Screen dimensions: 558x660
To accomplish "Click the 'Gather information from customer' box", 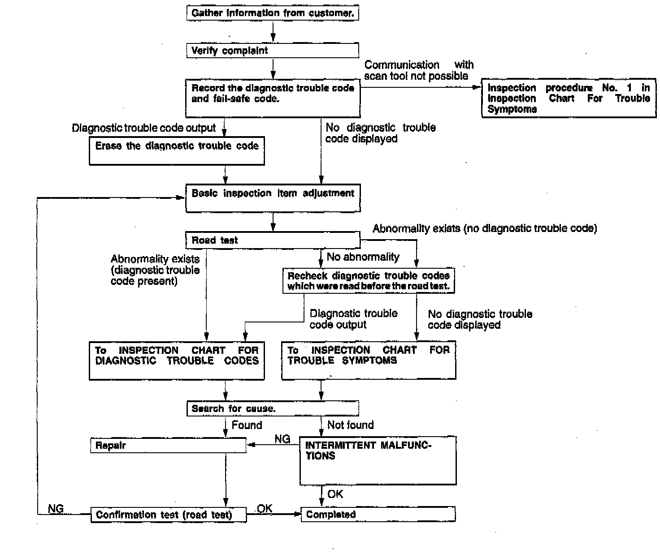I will (x=273, y=13).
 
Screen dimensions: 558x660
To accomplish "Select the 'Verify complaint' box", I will (x=273, y=50).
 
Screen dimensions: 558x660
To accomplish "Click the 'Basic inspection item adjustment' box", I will (x=273, y=198).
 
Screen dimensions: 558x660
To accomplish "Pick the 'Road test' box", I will (x=273, y=240).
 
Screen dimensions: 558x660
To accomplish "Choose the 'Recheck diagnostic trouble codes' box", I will (x=368, y=281).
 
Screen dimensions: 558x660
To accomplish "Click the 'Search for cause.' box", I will (x=273, y=408).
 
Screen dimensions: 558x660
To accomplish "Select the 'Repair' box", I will (x=169, y=446).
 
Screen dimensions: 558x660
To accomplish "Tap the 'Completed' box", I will (x=378, y=514).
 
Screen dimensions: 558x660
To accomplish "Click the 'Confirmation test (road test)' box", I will (x=169, y=515).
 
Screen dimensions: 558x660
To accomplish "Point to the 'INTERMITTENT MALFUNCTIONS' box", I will (x=378, y=461).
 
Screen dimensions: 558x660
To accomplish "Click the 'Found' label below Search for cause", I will (x=247, y=425).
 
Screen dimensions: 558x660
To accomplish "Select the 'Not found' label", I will (x=350, y=425).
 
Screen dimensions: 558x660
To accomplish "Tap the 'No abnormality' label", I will (x=363, y=257).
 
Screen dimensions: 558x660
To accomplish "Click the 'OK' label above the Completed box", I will (x=335, y=494).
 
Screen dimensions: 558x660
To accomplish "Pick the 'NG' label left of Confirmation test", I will (x=56, y=509).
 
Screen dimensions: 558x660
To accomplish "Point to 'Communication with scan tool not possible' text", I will (x=418, y=70).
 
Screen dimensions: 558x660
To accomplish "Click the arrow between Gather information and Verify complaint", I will (x=273, y=31).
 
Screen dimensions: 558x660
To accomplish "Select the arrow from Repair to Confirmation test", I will (x=226, y=479).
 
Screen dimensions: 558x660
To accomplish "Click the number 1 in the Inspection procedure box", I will (x=630, y=88).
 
